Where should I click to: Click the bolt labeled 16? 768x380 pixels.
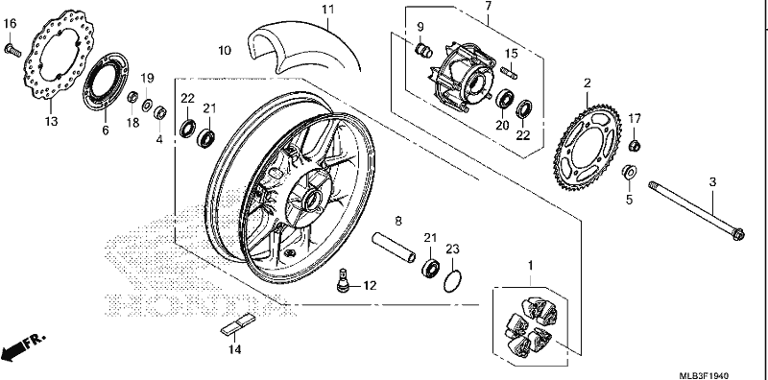coord(12,49)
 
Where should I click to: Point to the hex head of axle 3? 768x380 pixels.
coord(738,234)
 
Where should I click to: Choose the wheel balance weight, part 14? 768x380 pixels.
coord(238,324)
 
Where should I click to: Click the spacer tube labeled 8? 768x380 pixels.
coord(394,248)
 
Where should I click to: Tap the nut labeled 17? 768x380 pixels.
coord(635,145)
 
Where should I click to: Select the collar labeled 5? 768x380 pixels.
coord(630,172)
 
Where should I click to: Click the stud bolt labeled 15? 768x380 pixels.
coord(510,73)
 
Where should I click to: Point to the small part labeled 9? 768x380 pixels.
coord(423,49)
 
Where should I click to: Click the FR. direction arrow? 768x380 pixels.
coord(22,346)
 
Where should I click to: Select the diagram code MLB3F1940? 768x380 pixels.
coord(704,375)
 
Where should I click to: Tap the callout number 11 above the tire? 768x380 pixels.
coord(327,10)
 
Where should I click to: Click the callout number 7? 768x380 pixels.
coord(488,7)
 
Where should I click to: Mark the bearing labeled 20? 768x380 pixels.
coord(503,99)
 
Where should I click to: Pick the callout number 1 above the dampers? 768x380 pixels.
coord(530,266)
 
